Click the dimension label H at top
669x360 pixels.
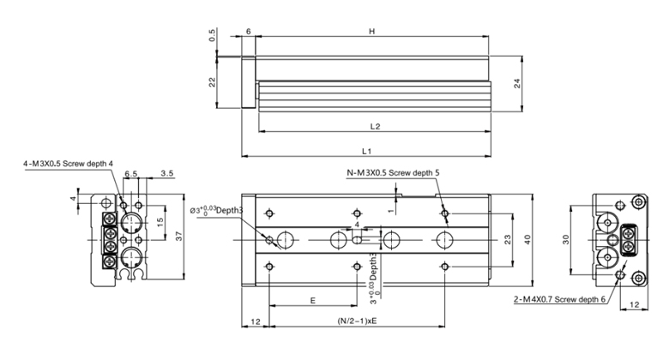tap(371, 31)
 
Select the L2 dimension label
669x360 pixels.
tap(375, 126)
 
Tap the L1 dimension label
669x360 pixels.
tap(366, 151)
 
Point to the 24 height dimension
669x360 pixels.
tap(517, 83)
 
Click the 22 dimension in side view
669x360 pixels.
tap(212, 82)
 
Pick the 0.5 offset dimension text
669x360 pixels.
tap(212, 35)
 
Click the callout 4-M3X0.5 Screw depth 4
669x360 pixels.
tap(69, 164)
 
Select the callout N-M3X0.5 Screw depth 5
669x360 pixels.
tap(393, 173)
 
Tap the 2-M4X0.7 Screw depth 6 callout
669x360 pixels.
tap(559, 299)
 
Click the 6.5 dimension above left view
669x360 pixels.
tap(131, 174)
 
